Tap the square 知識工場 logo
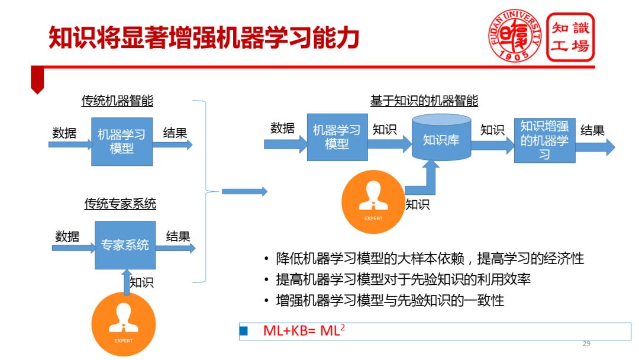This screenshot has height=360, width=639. [x=570, y=36]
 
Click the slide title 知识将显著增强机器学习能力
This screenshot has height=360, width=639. [x=204, y=37]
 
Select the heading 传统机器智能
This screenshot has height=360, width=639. [x=117, y=101]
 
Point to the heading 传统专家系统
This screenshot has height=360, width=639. [x=120, y=204]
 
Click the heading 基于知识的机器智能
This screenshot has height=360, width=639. [x=424, y=101]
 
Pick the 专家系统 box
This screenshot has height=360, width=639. [x=125, y=245]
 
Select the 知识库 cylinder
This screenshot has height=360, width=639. [x=441, y=140]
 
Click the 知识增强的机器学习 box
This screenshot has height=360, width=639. [x=544, y=140]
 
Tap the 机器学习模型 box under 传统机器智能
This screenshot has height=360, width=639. [x=122, y=142]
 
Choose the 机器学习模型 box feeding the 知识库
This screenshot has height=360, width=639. [x=337, y=137]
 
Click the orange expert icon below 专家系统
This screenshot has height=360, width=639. [x=124, y=324]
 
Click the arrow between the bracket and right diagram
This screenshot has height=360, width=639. [x=244, y=191]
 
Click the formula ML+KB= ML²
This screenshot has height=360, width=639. [x=304, y=331]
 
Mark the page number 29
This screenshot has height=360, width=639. [x=586, y=343]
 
